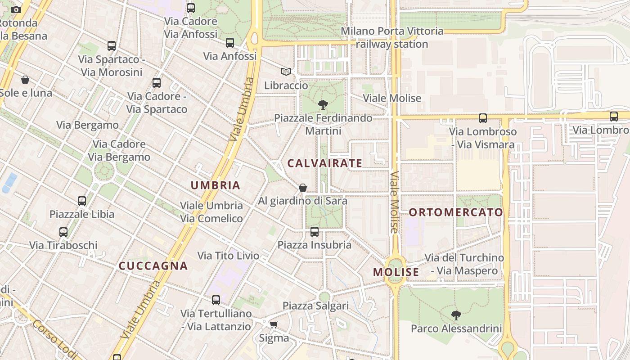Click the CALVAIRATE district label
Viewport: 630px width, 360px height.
pyautogui.click(x=324, y=163)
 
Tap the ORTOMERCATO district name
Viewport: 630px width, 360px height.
pyautogui.click(x=456, y=212)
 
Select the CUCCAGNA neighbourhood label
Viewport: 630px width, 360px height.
pyautogui.click(x=153, y=265)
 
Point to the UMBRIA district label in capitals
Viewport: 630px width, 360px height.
pyautogui.click(x=215, y=185)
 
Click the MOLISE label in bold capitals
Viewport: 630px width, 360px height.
pyautogui.click(x=396, y=272)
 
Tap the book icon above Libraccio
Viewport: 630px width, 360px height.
pyautogui.click(x=286, y=72)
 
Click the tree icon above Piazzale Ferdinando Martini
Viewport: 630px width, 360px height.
pyautogui.click(x=323, y=105)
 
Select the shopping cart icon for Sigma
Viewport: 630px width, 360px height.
pyautogui.click(x=274, y=324)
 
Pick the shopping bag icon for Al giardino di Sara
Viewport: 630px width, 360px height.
pyautogui.click(x=303, y=188)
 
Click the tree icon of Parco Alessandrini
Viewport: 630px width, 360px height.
pyautogui.click(x=456, y=315)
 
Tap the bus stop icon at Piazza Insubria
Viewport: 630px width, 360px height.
pyautogui.click(x=314, y=232)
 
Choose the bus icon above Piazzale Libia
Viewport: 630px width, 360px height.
pyautogui.click(x=81, y=201)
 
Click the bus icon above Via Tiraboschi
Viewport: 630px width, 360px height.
pyautogui.click(x=63, y=232)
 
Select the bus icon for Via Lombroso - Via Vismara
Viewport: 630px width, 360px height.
pyautogui.click(x=482, y=118)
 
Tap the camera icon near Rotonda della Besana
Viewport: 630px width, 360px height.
pyautogui.click(x=16, y=9)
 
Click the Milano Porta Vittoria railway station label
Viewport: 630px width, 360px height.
pyautogui.click(x=392, y=37)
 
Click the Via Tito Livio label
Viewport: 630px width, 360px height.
pyautogui.click(x=228, y=256)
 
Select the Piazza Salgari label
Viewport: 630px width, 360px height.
pyautogui.click(x=315, y=306)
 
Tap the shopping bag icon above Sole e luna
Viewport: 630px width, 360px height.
pyautogui.click(x=25, y=80)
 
